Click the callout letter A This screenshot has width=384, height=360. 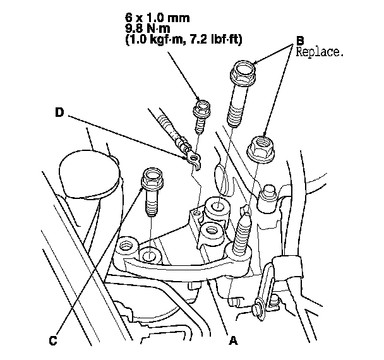click(233, 341)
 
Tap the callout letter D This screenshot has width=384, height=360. click(59, 113)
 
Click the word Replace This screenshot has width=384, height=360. click(319, 53)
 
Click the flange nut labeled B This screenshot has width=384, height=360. click(260, 148)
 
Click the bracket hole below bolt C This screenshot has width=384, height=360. click(150, 256)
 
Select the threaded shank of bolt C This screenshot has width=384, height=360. click(151, 203)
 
